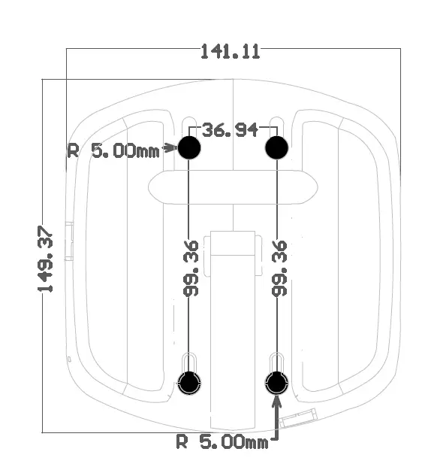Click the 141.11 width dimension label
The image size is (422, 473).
[x=230, y=51]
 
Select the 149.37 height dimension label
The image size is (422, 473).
[x=47, y=259]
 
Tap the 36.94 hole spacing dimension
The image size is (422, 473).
[x=231, y=130]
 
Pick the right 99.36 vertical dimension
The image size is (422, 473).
[x=280, y=268]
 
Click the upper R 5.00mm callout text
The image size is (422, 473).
[x=113, y=150]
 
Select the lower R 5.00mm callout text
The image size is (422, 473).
[x=222, y=441]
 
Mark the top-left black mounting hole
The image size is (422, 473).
[x=189, y=147]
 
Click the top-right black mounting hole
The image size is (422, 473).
[x=277, y=147]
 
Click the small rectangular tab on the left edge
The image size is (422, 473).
[x=68, y=241]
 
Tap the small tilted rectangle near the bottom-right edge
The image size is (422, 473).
[x=303, y=414]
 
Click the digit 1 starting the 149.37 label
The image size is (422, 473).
[x=47, y=287]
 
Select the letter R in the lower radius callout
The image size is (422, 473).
[x=181, y=441]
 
